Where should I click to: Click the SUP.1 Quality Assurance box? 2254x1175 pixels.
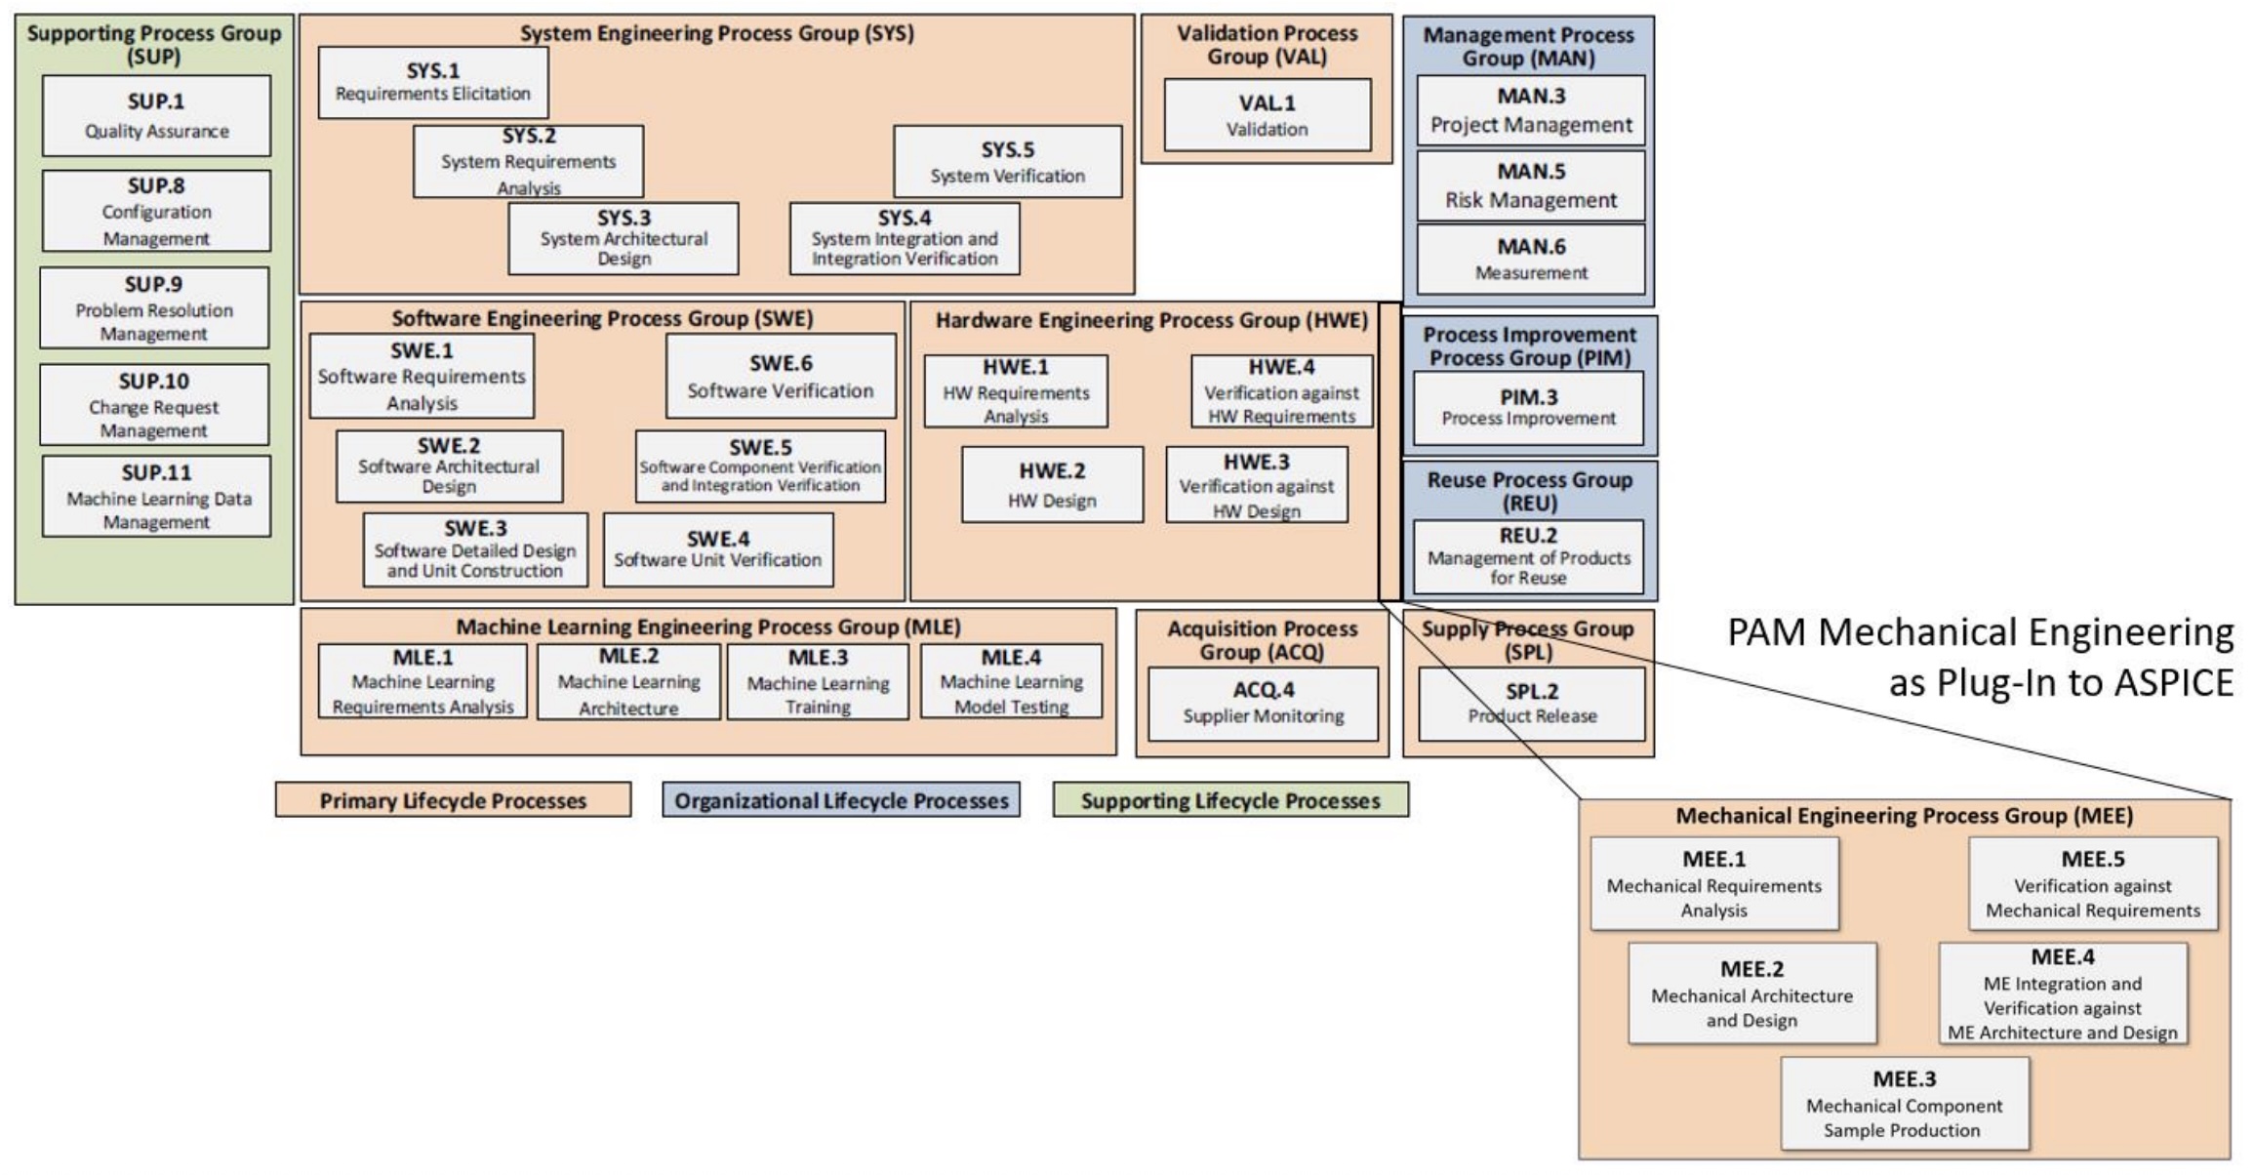click(x=156, y=115)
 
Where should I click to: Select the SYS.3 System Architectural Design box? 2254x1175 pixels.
click(x=623, y=238)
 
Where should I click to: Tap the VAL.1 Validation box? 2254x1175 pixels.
click(x=1267, y=115)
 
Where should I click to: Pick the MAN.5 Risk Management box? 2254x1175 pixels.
click(x=1530, y=185)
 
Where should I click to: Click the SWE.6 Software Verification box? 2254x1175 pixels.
click(x=780, y=376)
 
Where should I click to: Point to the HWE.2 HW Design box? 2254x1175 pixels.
click(x=1052, y=484)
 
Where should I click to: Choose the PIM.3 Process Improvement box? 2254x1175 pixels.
click(x=1528, y=408)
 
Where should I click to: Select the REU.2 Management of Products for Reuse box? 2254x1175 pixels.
click(x=1528, y=556)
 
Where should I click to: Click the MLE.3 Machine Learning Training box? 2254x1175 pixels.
click(x=818, y=681)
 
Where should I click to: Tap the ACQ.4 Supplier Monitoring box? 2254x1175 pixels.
click(x=1263, y=703)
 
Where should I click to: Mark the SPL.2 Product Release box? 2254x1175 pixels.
click(x=1531, y=703)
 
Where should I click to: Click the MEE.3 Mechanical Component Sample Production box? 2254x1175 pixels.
click(x=1904, y=1104)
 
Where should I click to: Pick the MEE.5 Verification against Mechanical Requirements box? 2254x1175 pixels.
click(x=2092, y=883)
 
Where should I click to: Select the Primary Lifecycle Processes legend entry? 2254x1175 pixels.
click(x=453, y=800)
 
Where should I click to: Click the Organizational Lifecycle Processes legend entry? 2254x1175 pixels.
click(x=841, y=800)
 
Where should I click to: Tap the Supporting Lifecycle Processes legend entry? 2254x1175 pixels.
click(x=1230, y=800)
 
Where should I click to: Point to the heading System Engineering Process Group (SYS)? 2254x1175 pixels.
click(x=716, y=33)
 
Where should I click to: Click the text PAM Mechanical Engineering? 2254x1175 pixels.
click(x=1980, y=632)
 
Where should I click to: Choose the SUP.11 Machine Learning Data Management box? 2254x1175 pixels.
click(x=156, y=496)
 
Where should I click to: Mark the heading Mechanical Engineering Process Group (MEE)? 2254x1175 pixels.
click(x=1904, y=816)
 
